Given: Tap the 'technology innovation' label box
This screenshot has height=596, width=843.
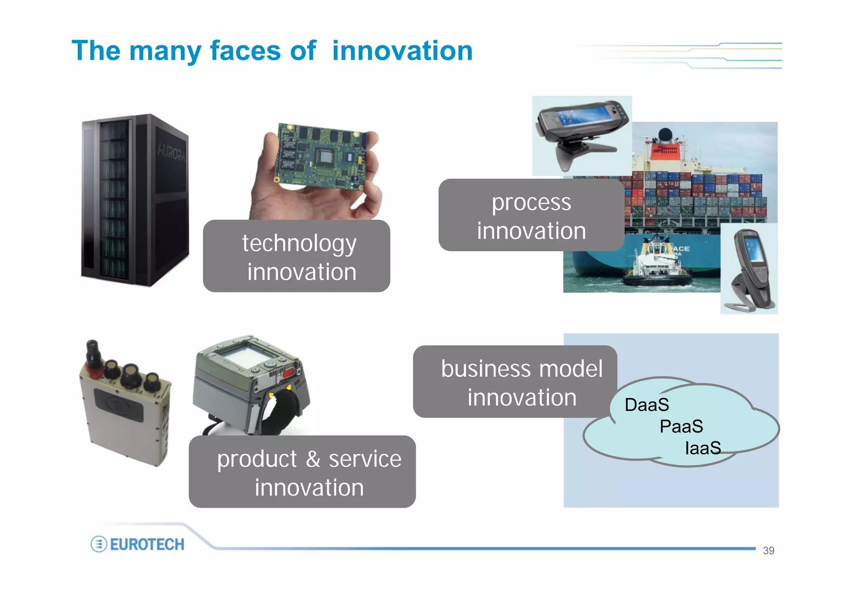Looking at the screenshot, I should click(x=296, y=256).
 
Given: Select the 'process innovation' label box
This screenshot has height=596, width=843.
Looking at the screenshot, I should click(x=531, y=215).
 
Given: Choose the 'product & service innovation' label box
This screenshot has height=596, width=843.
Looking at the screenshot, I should click(x=302, y=472).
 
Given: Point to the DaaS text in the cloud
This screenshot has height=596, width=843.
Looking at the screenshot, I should click(x=647, y=405).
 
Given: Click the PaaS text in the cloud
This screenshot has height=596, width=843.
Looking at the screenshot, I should click(x=681, y=426).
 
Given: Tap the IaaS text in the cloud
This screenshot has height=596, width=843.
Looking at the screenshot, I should click(x=703, y=448).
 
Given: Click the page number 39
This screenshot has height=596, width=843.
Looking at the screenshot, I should click(x=768, y=551).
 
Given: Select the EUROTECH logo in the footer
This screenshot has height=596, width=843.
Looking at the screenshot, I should click(x=138, y=544).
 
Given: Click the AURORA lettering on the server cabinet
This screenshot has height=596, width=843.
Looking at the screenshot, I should click(x=171, y=153).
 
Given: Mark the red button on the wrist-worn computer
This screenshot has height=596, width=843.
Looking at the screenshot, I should click(x=288, y=373).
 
